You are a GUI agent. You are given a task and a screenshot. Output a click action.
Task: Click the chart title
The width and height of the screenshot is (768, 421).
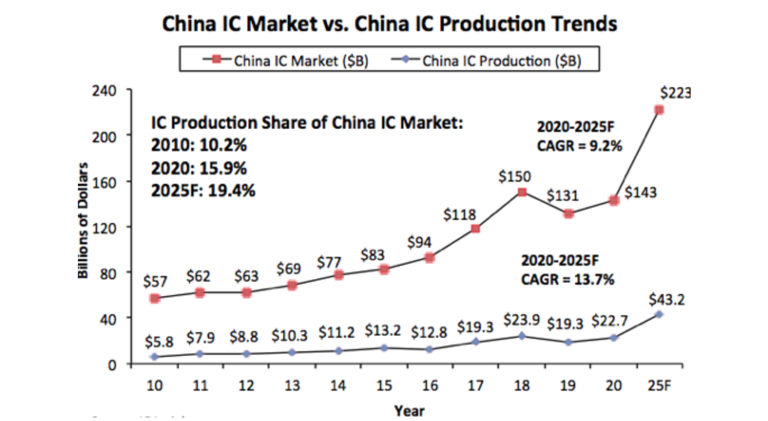coord(389,24)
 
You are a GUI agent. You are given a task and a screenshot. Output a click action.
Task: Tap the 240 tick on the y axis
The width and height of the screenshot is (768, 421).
coord(104,91)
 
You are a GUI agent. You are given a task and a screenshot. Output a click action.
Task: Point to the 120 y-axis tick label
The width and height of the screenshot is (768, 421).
coord(104,228)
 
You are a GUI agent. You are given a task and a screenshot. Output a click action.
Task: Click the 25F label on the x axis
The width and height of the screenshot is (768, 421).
coord(659,386)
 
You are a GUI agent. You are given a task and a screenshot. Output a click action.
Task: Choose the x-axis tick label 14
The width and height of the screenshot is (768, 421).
coord(338,386)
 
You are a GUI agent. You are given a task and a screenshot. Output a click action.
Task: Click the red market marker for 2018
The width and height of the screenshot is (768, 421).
coord(522,192)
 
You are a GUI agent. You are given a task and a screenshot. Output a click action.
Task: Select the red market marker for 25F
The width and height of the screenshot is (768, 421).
coord(659,110)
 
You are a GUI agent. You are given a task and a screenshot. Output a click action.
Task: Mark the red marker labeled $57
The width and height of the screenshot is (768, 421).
coord(155,298)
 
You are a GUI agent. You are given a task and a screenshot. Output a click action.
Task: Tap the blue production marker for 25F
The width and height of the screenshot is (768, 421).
coord(659,315)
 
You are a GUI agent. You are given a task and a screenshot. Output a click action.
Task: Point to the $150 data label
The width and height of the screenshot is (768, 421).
coord(515,176)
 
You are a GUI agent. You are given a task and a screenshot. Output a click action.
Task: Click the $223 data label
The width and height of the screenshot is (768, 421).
coord(675,93)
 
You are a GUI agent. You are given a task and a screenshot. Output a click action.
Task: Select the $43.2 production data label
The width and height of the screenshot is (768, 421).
coord(666,300)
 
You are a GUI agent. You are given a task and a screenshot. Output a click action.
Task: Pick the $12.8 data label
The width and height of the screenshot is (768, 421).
coord(429,333)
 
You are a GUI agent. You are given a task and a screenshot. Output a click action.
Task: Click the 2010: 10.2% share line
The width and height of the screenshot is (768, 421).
coord(199,145)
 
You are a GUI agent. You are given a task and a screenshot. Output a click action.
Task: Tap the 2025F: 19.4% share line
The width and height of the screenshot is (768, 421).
coord(203,191)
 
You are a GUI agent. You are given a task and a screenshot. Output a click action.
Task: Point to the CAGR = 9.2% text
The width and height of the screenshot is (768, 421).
coord(579,146)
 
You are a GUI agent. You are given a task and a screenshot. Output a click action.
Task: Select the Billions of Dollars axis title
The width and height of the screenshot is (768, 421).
coord(83,221)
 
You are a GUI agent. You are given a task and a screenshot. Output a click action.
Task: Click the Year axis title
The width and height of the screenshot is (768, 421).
coord(409,411)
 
